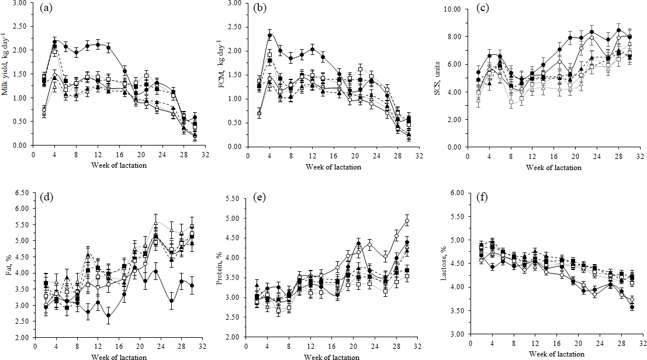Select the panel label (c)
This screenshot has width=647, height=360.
point(480,9)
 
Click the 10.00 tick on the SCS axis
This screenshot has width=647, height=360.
point(451,9)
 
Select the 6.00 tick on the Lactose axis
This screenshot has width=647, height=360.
point(452,192)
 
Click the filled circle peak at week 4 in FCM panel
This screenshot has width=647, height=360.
point(270,35)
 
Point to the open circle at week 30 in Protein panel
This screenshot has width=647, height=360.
point(407,221)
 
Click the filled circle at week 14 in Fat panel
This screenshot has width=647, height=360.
point(109,315)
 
